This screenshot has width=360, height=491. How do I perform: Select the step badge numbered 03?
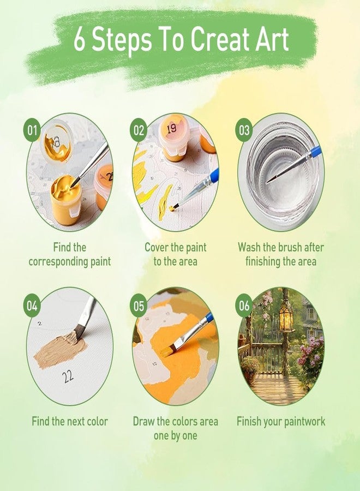coord(244,131)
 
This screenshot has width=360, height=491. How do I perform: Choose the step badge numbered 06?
coord(244,306)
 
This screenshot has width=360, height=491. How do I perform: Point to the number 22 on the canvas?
coord(68,376)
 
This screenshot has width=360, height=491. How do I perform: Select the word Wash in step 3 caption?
coord(249,247)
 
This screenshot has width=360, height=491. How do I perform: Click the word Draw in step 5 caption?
coord(145,421)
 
